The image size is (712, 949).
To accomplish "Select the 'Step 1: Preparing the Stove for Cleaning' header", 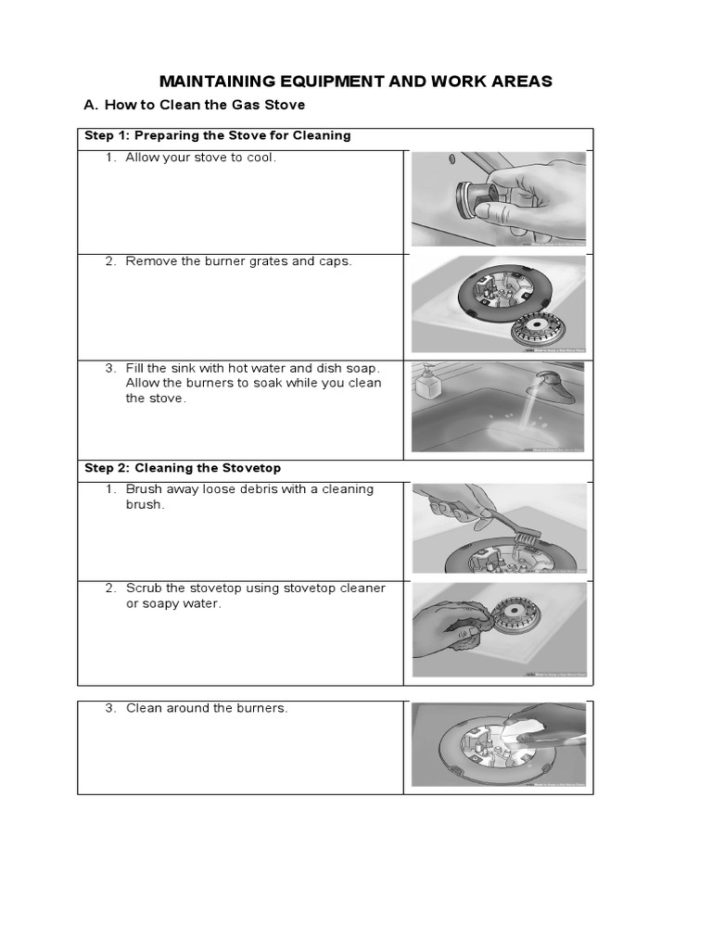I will click(218, 135).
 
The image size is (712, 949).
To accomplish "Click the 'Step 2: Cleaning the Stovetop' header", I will click(183, 468).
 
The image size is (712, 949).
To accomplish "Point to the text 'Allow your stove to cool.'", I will click(201, 158).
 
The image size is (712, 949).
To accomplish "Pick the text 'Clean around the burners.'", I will click(207, 708).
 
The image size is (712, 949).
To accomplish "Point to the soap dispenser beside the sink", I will click(427, 382).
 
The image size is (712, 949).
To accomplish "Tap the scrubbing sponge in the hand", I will click(464, 632).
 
